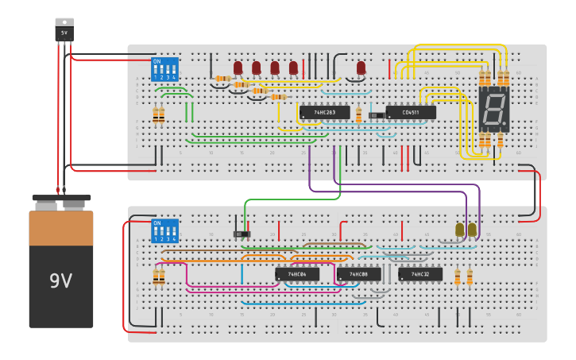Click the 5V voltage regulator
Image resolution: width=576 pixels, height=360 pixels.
coord(64,30)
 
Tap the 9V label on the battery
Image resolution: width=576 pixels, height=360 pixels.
coord(61,281)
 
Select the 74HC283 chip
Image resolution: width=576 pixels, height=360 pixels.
coord(324,113)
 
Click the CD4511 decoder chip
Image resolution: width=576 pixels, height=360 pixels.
coord(411,113)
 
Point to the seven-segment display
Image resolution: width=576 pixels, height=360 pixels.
coord(493,110)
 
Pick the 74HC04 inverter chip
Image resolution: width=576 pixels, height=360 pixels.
coord(297,274)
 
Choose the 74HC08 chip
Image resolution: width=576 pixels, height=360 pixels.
coord(358,274)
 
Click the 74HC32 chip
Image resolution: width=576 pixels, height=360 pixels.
coord(420,274)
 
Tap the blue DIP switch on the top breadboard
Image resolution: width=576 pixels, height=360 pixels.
coord(164,69)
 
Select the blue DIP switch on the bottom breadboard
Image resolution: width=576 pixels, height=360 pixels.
coord(164,231)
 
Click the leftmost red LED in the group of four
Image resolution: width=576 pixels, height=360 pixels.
coord(238,68)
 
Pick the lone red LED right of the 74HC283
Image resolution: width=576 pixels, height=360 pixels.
coord(361,68)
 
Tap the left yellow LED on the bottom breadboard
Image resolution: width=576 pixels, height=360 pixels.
coord(459,230)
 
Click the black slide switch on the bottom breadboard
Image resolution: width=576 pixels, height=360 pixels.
coord(242,234)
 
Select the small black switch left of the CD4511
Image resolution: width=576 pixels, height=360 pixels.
coord(376,116)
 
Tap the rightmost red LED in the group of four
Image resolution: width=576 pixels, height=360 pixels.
coord(293,68)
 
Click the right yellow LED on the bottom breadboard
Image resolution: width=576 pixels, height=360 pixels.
coord(472,230)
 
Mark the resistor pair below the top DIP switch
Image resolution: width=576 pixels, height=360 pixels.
coord(158,116)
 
